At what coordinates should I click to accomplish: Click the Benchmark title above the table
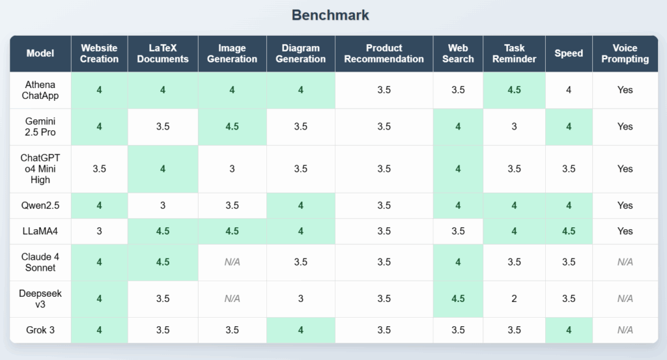[330, 15]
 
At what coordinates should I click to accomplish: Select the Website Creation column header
[99, 53]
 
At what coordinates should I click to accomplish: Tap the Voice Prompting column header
[625, 53]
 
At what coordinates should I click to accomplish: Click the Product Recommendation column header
[384, 53]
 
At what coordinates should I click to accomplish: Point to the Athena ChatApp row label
[40, 90]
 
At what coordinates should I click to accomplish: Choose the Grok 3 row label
[40, 330]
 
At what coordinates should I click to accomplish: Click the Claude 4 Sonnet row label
[40, 262]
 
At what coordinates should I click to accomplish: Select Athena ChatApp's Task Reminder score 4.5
[514, 90]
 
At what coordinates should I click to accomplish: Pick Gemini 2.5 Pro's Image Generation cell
[232, 127]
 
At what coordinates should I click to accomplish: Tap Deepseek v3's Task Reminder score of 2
[514, 299]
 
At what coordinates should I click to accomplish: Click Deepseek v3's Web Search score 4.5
[458, 299]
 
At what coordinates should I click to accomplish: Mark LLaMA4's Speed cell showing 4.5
[569, 231]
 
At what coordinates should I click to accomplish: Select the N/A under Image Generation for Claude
[232, 262]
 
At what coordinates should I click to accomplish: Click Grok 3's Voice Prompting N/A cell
[625, 330]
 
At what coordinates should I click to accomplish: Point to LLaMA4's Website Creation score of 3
[99, 231]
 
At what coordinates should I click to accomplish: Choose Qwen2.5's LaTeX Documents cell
[163, 206]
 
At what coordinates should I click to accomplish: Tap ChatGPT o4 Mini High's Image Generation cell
[232, 169]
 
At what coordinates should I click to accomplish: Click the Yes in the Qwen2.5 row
[625, 206]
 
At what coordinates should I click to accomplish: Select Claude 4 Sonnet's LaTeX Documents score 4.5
[163, 262]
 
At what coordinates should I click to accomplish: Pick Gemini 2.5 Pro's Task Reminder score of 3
[514, 127]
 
